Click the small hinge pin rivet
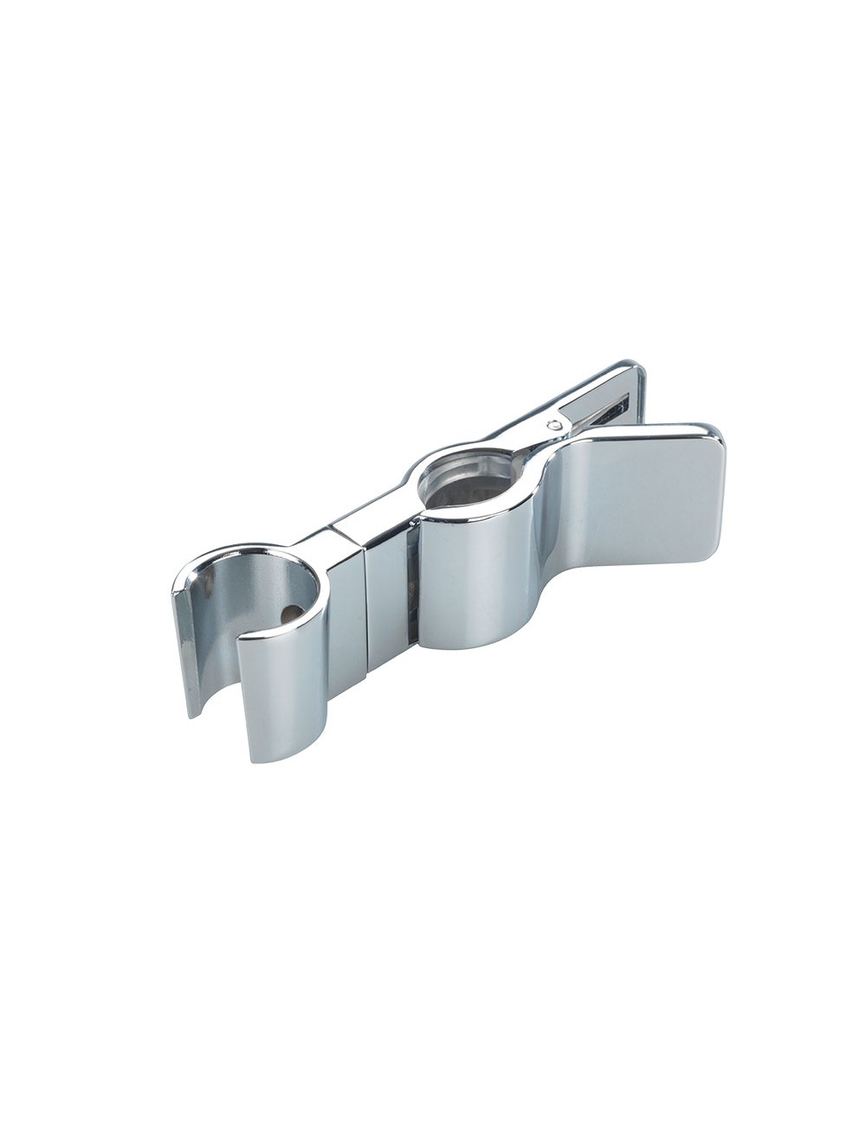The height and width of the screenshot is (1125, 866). [553, 424]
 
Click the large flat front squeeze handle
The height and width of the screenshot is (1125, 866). [637, 502]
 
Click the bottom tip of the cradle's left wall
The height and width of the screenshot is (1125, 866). [193, 714]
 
